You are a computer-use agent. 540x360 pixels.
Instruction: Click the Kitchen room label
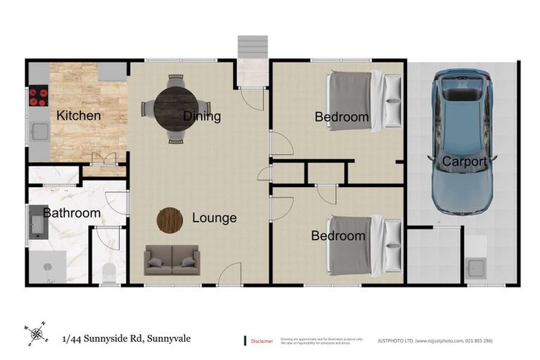pos(78,115)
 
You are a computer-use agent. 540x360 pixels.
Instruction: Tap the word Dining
pos(202,116)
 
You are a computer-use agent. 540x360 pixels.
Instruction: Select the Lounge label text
pos(214,218)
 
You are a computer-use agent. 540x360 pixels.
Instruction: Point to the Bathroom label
pos(72,212)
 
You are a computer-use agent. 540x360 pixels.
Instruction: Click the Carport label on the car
pos(464,162)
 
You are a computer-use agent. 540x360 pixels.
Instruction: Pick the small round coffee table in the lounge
pos(169,220)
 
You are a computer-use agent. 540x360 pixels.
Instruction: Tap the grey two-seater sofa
pos(172,260)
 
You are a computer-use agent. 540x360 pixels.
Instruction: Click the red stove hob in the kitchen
pos(37,95)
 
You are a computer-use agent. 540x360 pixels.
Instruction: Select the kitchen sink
pos(38,131)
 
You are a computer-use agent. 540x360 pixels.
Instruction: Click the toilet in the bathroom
pos(110,273)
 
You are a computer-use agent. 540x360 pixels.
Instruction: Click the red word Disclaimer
pos(262,341)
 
